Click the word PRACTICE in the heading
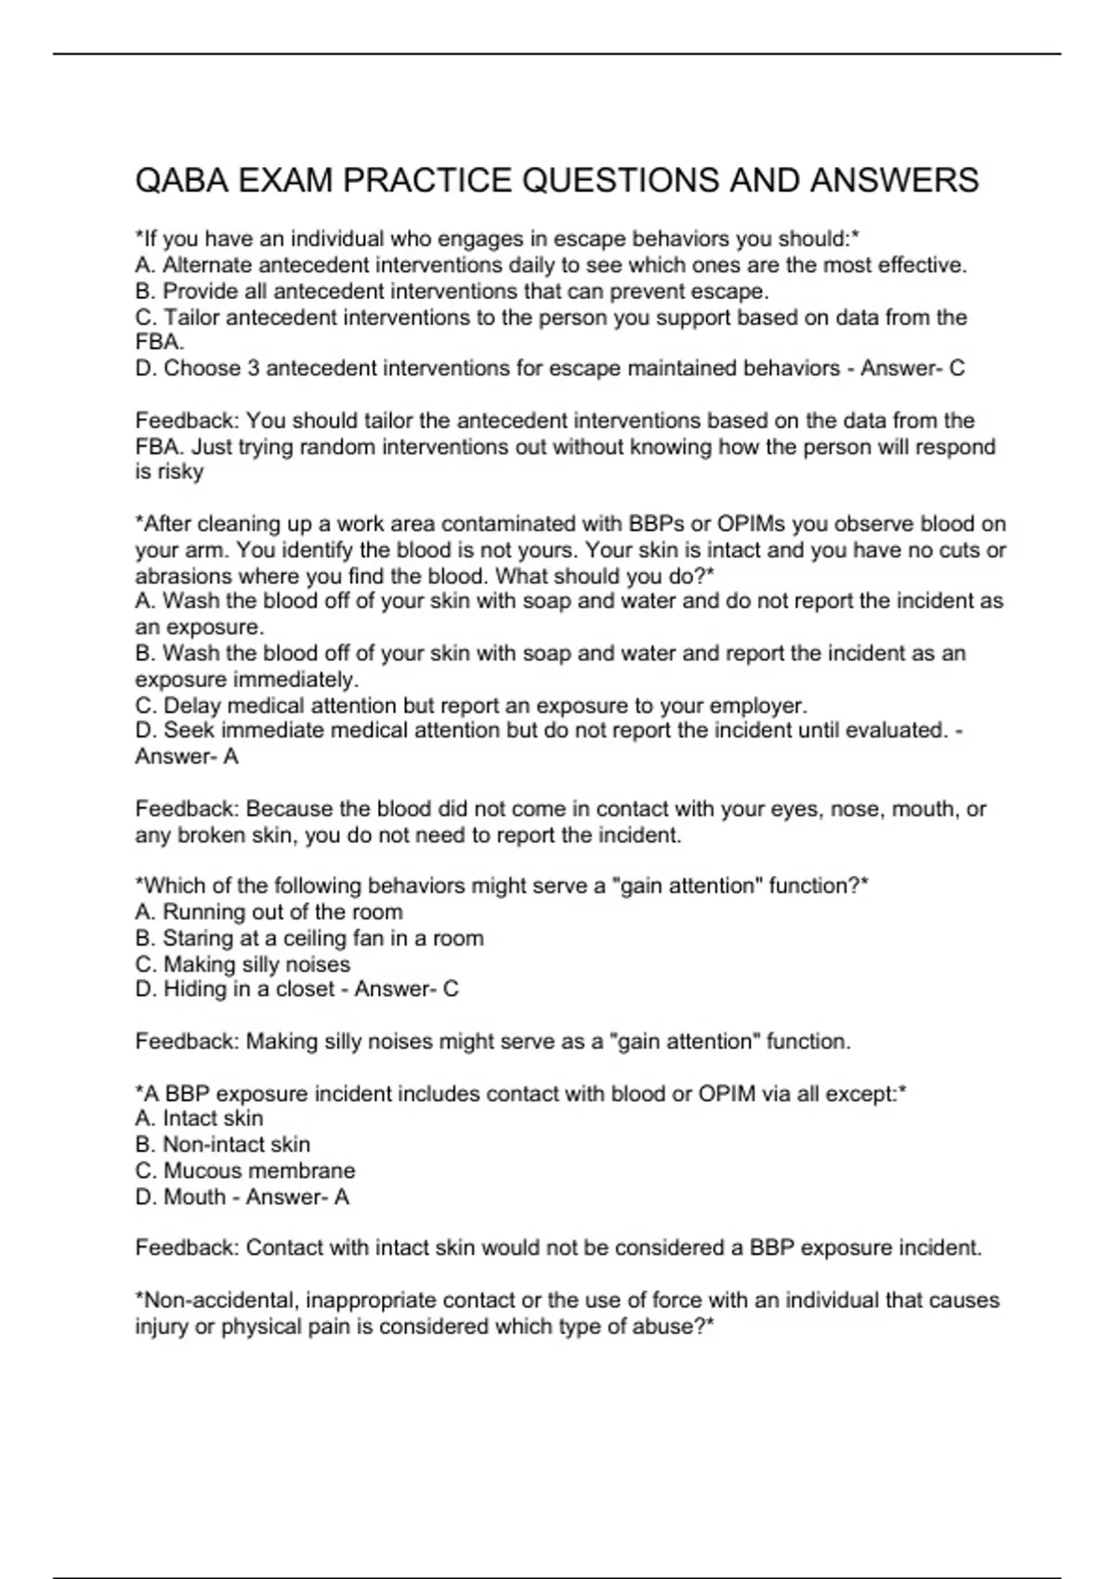(x=426, y=180)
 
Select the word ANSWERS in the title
(x=894, y=180)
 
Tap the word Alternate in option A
(x=208, y=266)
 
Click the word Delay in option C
(x=191, y=705)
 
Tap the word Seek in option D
(x=189, y=731)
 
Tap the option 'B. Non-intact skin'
(x=222, y=1144)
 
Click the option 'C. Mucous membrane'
(x=244, y=1170)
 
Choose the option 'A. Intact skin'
(x=199, y=1118)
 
